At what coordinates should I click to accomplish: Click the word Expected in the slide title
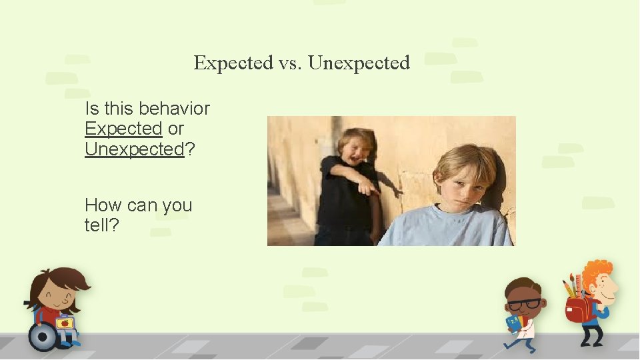[233, 63]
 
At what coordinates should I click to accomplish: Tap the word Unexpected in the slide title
[359, 63]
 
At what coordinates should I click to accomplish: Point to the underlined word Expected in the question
[123, 129]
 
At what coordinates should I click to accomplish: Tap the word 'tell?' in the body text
[102, 225]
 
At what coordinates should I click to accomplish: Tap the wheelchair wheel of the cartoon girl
[43, 337]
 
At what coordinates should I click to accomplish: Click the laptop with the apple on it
[65, 324]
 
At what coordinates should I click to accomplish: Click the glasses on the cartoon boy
[525, 304]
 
